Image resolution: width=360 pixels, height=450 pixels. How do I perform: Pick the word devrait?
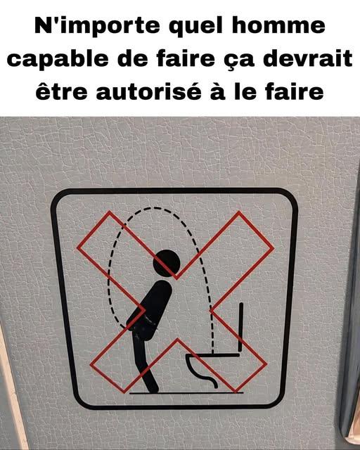click(308, 58)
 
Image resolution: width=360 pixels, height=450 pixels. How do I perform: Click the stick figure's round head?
click(167, 263)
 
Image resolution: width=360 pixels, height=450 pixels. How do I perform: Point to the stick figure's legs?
click(145, 364)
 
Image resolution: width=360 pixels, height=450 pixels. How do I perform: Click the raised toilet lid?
click(241, 327)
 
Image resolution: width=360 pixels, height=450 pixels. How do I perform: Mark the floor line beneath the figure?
click(186, 393)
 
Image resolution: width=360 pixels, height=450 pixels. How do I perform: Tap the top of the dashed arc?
click(155, 207)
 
